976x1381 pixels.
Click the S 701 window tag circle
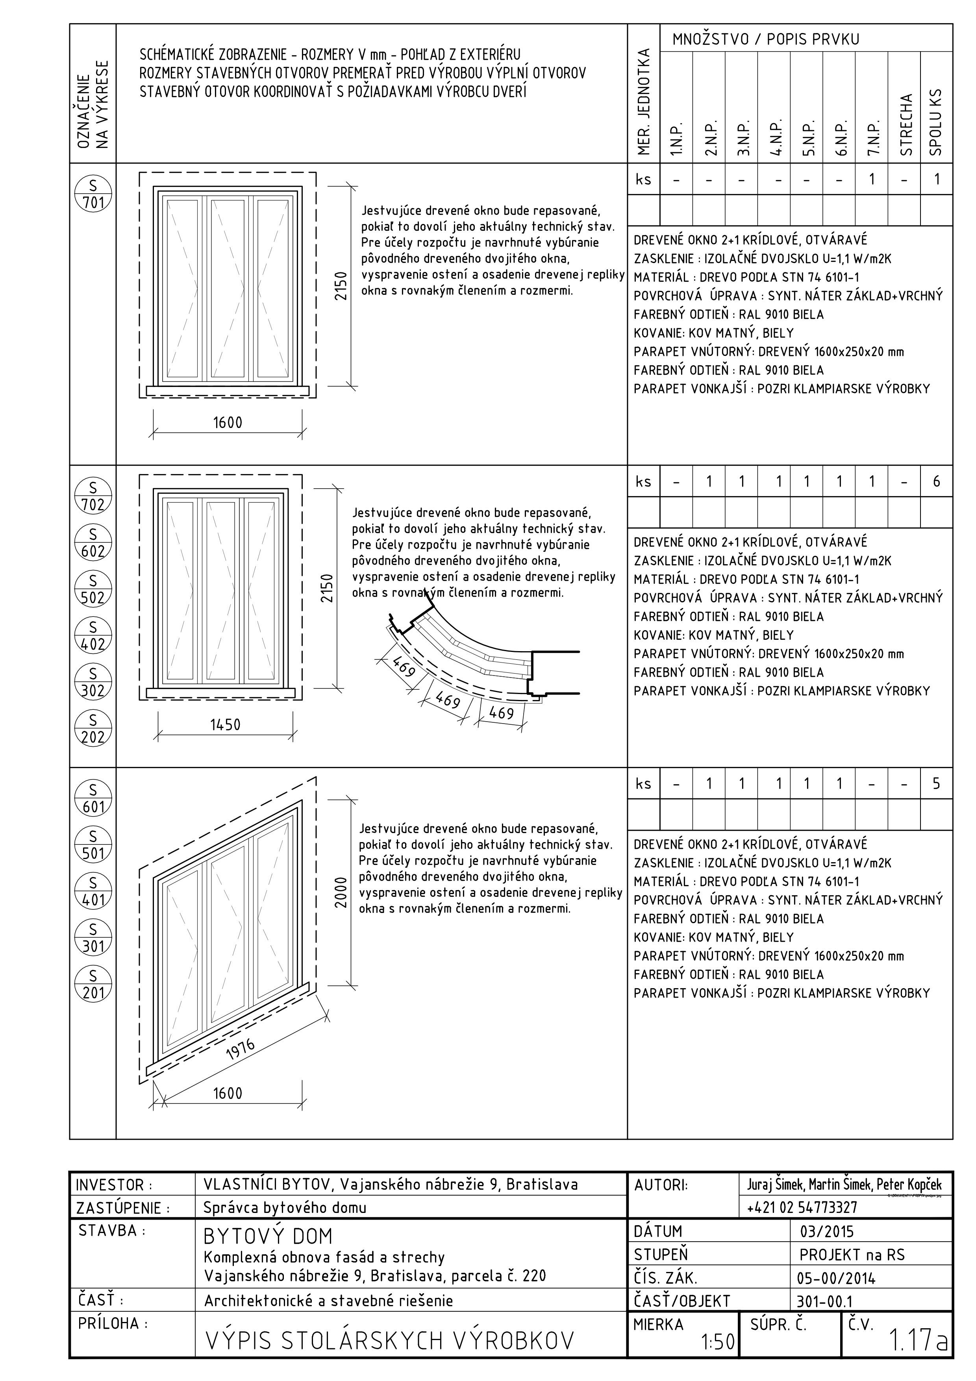93,193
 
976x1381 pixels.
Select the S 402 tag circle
93,636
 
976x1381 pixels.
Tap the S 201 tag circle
93,984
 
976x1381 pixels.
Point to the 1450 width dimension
225,725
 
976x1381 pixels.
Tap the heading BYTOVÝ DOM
268,1237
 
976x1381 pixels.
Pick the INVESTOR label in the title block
114,1185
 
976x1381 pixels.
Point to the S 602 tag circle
93,542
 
